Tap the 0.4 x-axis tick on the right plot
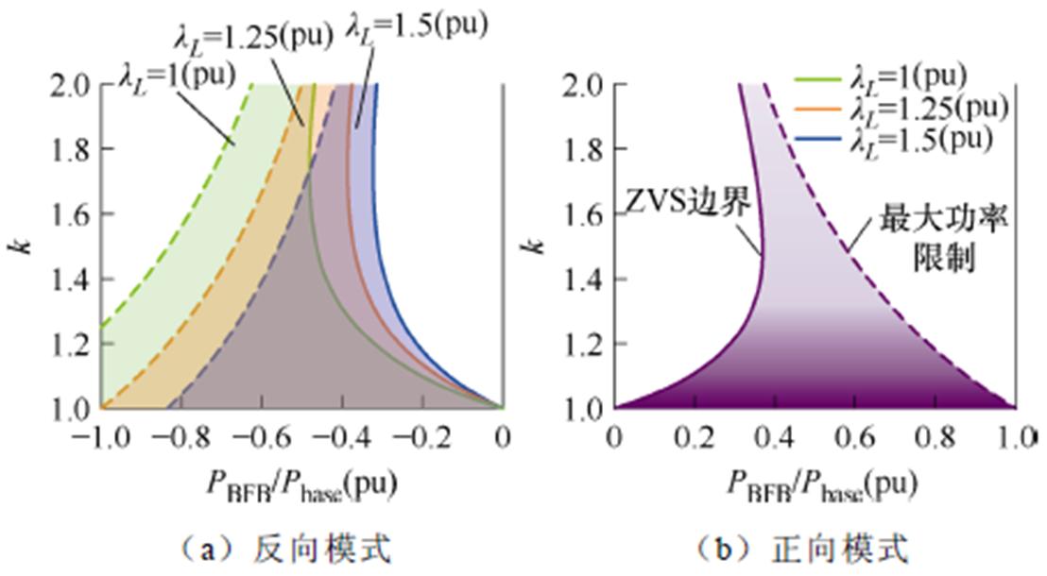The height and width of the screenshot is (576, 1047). click(x=775, y=437)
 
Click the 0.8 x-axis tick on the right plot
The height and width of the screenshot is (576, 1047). click(x=935, y=437)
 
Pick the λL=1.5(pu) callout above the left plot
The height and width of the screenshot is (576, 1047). click(x=416, y=23)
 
